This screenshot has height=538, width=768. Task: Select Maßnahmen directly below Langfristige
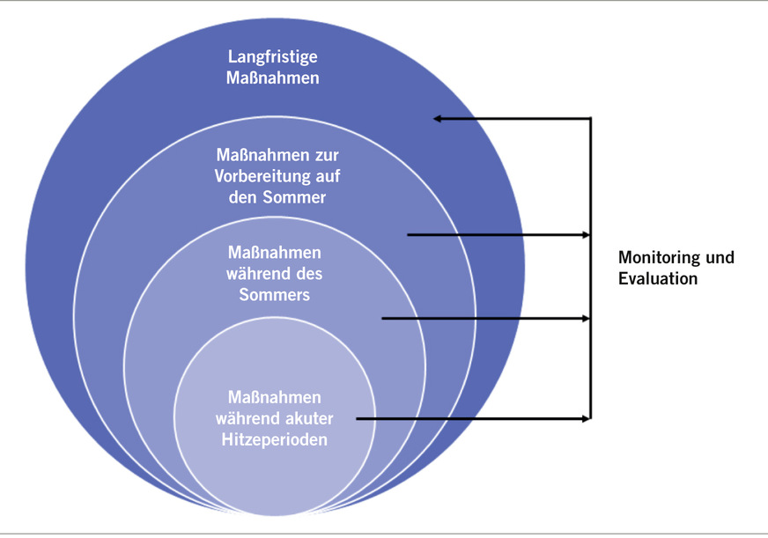(273, 77)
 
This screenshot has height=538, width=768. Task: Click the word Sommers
(275, 295)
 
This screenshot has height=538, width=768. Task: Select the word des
(304, 274)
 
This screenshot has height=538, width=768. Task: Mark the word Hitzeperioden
(277, 439)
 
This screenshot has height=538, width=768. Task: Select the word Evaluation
(658, 279)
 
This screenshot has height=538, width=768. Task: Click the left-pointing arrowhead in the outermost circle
(437, 118)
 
